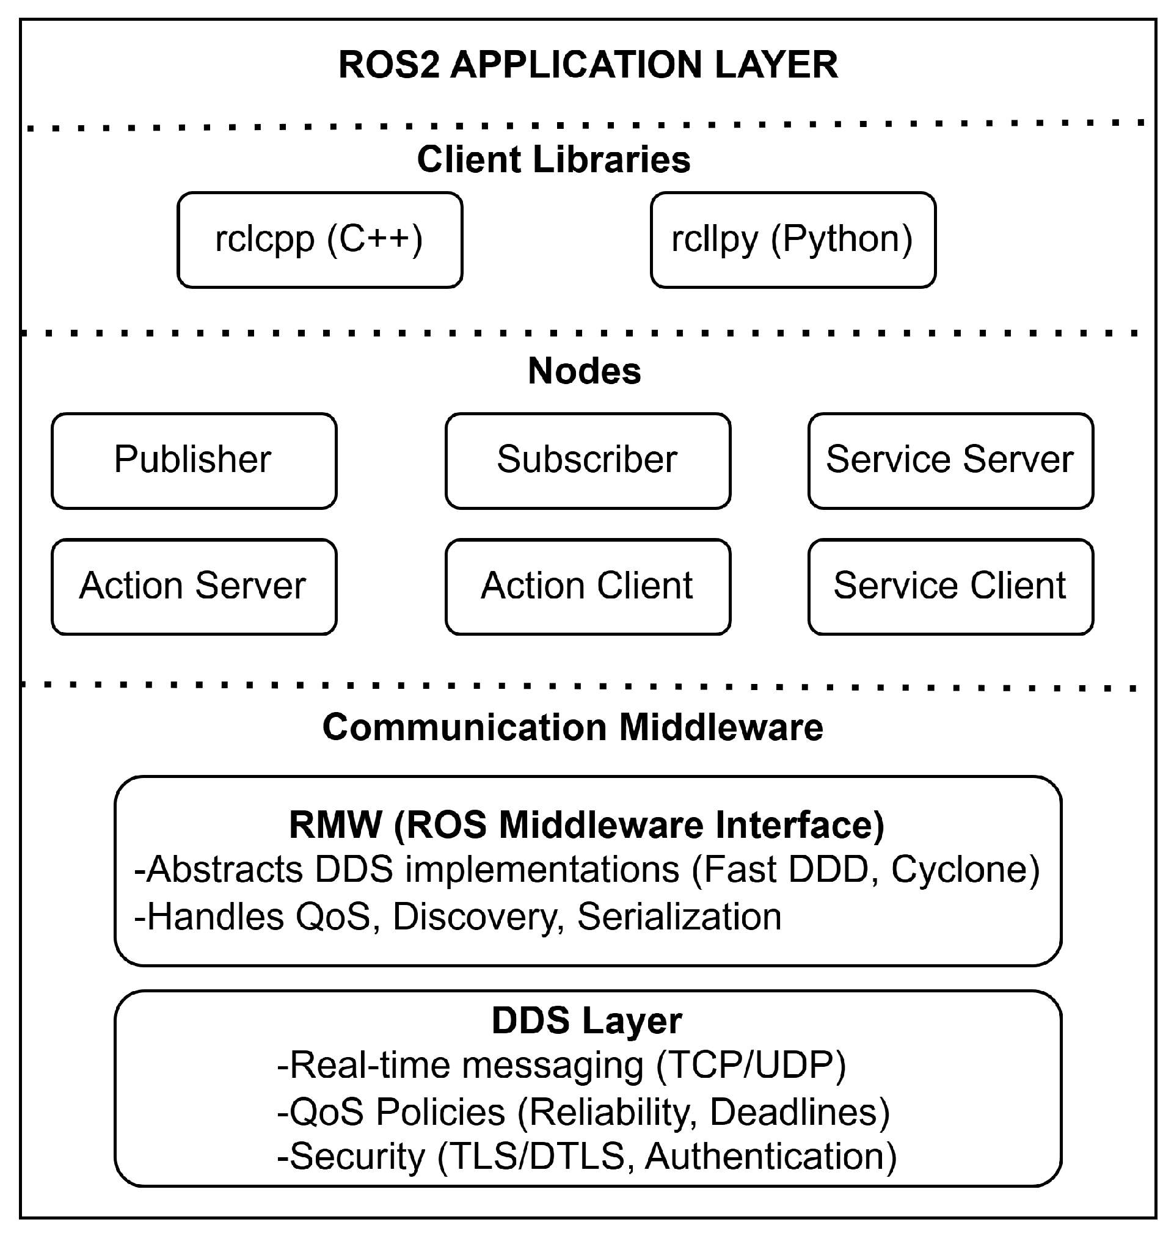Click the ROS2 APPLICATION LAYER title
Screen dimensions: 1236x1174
pyautogui.click(x=588, y=65)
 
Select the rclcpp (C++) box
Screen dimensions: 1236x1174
pyautogui.click(x=320, y=240)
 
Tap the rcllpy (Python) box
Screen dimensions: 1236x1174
pyautogui.click(x=792, y=240)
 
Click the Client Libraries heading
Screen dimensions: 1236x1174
pyautogui.click(x=553, y=159)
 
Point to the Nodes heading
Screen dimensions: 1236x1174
pyautogui.click(x=584, y=371)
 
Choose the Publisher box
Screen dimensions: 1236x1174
pyautogui.click(x=194, y=460)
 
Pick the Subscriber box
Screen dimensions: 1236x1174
pyautogui.click(x=587, y=460)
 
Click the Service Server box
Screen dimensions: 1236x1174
pyautogui.click(x=950, y=460)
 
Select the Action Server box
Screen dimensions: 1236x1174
pyautogui.click(x=194, y=586)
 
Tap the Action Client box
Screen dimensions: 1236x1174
pyautogui.click(x=587, y=586)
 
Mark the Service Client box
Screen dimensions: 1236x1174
pyautogui.click(x=950, y=586)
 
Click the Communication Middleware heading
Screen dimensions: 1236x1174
pyautogui.click(x=572, y=727)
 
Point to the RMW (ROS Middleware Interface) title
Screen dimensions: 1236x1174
pyautogui.click(x=586, y=825)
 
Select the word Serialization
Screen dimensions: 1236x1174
pyautogui.click(x=679, y=917)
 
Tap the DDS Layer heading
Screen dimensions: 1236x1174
pyautogui.click(x=586, y=1021)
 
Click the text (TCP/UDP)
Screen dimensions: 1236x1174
pyautogui.click(x=751, y=1065)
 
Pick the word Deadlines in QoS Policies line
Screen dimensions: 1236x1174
pyautogui.click(x=798, y=1112)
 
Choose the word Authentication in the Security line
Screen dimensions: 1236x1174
pyautogui.click(x=770, y=1157)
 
